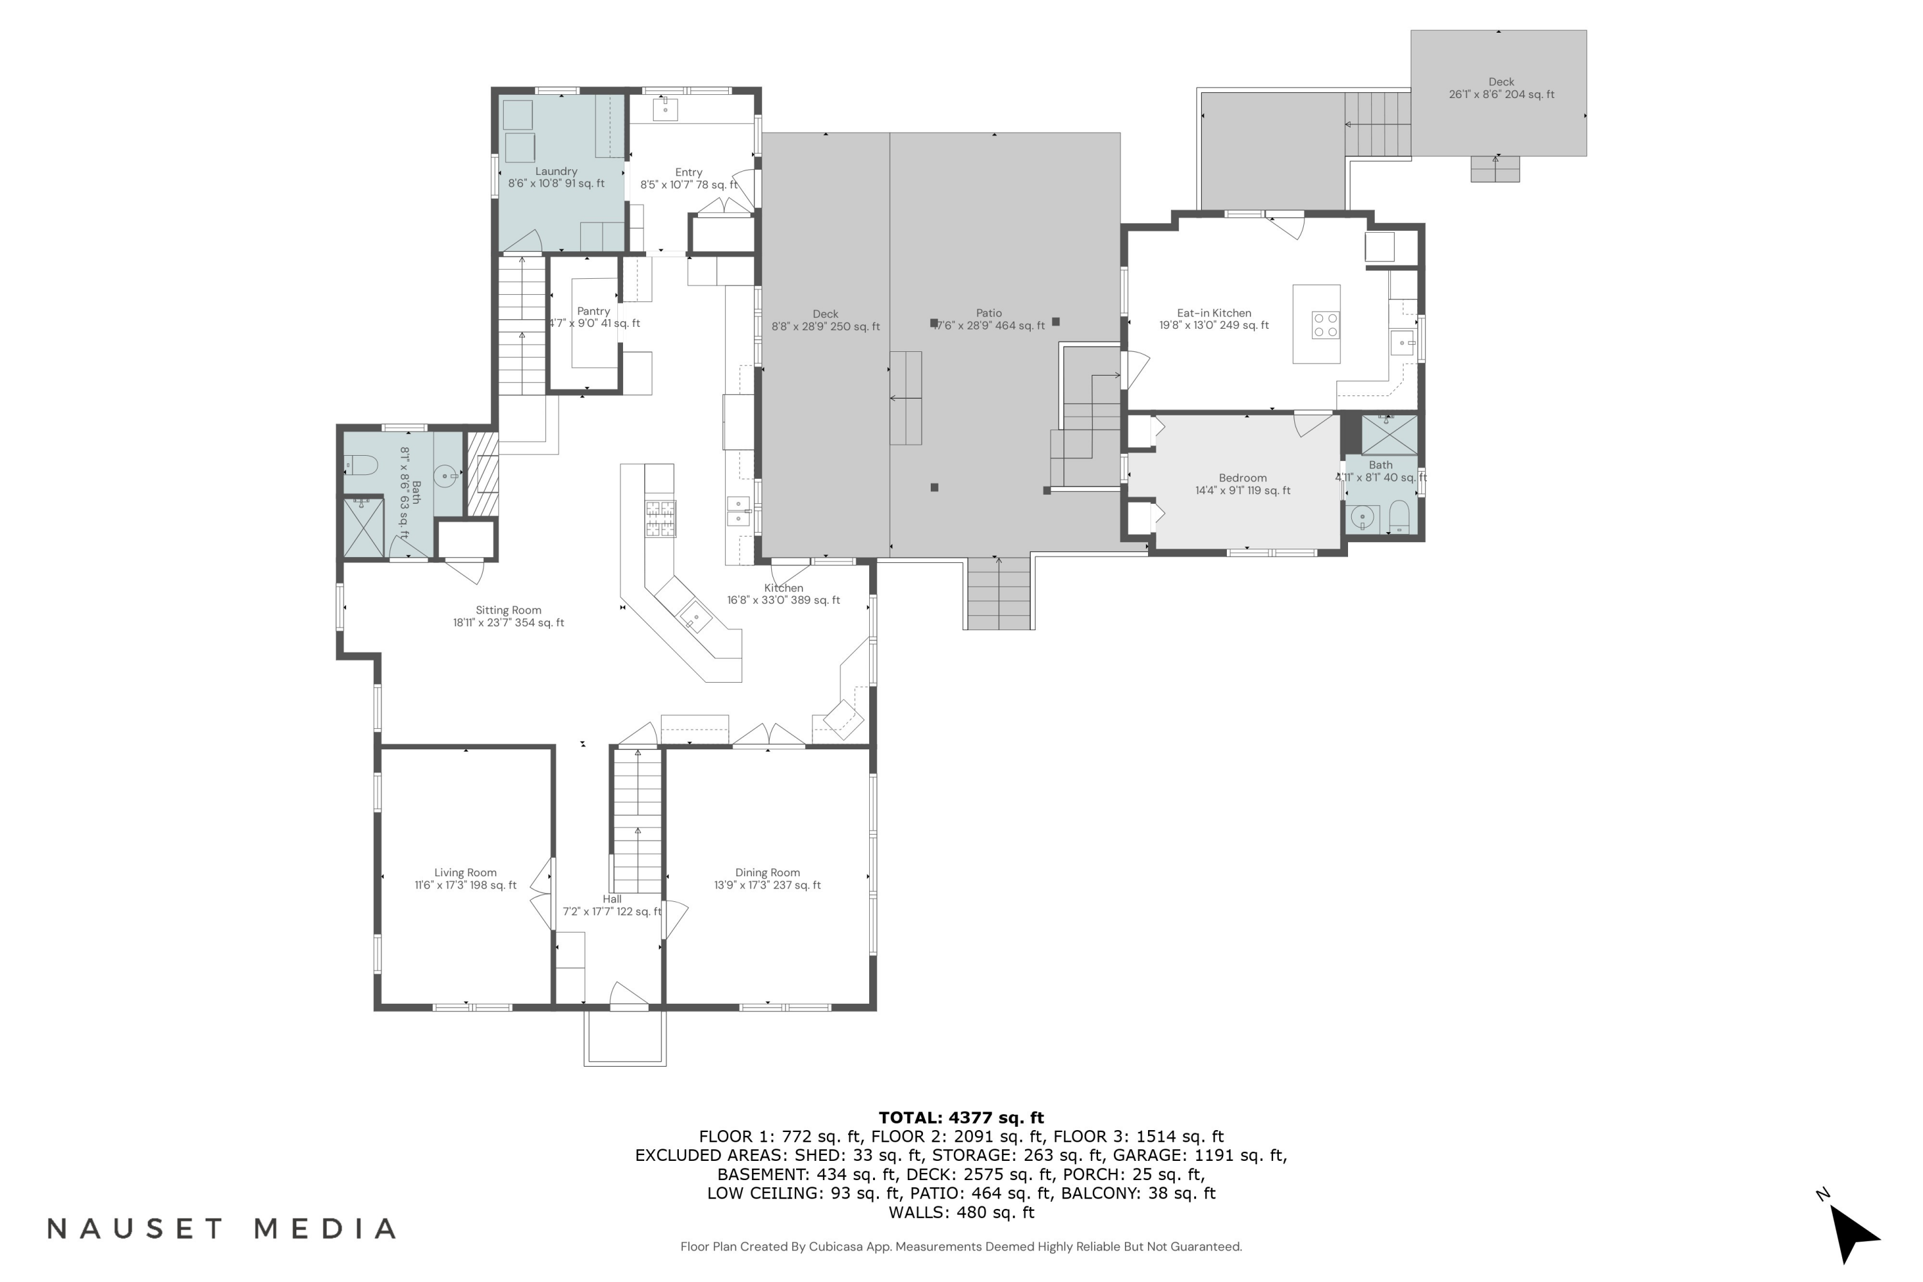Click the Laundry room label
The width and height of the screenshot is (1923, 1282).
[556, 172]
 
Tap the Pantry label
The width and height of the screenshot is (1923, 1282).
[594, 312]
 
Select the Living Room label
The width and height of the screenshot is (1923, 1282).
[465, 873]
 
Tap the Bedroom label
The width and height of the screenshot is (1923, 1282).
[1243, 478]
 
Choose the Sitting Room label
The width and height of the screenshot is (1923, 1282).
[508, 611]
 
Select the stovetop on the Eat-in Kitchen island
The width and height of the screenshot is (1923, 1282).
[1326, 324]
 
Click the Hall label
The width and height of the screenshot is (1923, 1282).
[612, 899]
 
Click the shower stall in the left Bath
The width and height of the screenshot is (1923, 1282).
[363, 528]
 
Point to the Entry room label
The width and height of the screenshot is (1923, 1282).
[688, 172]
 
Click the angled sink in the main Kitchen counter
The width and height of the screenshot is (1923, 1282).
[695, 615]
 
